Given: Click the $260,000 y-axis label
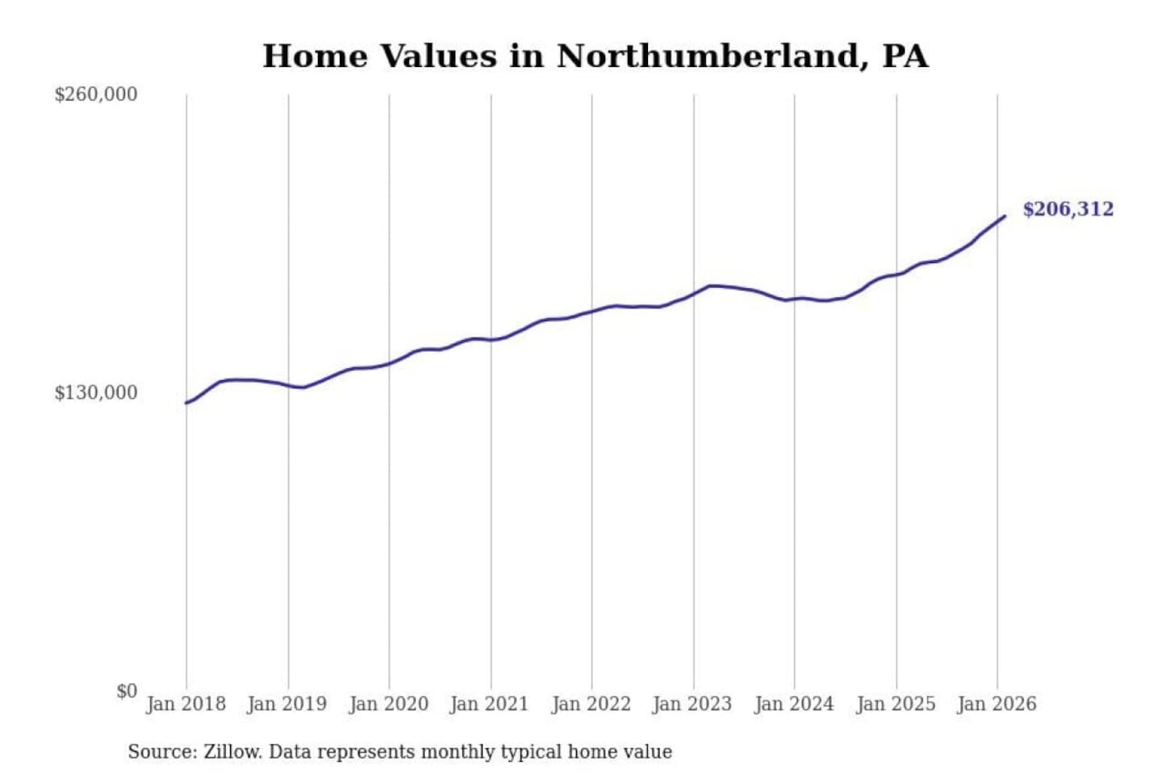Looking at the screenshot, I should [x=96, y=94].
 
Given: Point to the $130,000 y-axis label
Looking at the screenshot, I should [x=96, y=393].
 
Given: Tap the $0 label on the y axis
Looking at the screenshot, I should [x=127, y=691].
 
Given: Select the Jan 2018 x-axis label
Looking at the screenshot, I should [x=186, y=704].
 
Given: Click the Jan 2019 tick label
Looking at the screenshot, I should [x=287, y=704].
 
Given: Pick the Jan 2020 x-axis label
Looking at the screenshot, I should [x=388, y=704].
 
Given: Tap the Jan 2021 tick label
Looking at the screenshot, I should [x=489, y=704].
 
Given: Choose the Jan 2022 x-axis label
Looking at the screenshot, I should [x=591, y=704].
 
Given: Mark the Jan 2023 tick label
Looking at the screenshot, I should [x=692, y=704].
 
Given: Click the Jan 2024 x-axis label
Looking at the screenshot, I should [x=794, y=704].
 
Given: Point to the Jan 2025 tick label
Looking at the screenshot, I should [x=896, y=704].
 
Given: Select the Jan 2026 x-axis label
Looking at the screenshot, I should [x=997, y=704].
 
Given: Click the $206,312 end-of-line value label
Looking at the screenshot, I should [x=1068, y=210].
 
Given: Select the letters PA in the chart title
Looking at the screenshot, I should [x=905, y=57].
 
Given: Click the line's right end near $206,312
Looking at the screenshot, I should [x=1005, y=216].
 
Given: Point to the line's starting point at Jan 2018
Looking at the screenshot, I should [x=186, y=403].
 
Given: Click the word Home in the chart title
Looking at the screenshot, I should [x=316, y=57].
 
